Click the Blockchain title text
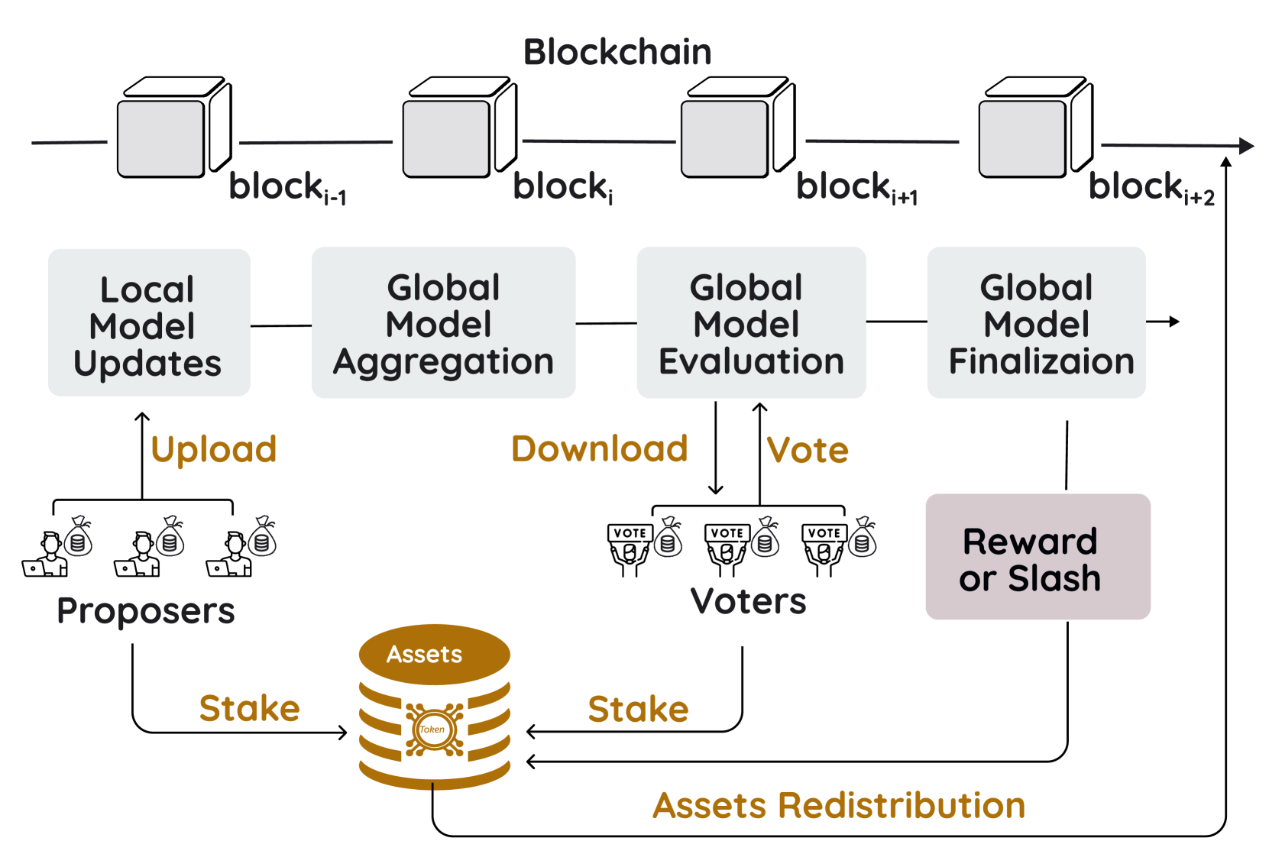pyautogui.click(x=617, y=52)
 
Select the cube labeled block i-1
pyautogui.click(x=173, y=128)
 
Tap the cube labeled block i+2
pyautogui.click(x=1034, y=128)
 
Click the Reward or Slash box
pyautogui.click(x=1037, y=557)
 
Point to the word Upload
pyautogui.click(x=213, y=449)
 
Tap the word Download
pyautogui.click(x=599, y=448)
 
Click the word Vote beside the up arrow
pyautogui.click(x=808, y=450)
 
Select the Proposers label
pyautogui.click(x=145, y=610)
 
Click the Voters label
pyautogui.click(x=748, y=600)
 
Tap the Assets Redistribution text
pyautogui.click(x=838, y=805)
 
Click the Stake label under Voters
pyautogui.click(x=638, y=709)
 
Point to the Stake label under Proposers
pyautogui.click(x=249, y=708)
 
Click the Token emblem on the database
pyautogui.click(x=433, y=729)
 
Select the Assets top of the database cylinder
pyautogui.click(x=433, y=654)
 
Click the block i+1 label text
pyautogui.click(x=856, y=188)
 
